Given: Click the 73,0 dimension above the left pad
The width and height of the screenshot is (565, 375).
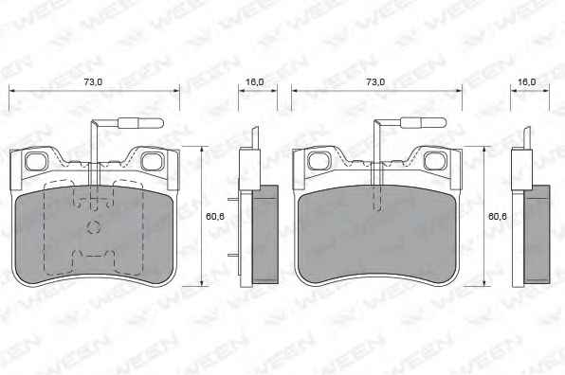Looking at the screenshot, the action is pos(93,82).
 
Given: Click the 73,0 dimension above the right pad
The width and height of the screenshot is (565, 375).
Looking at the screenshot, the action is pos(375,82).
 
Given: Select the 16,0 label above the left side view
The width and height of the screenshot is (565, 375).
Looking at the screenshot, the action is pos(255,82).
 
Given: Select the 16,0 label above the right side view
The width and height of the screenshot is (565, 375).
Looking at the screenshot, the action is pos(527,82).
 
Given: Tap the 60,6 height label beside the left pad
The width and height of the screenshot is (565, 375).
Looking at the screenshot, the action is pos(215,216).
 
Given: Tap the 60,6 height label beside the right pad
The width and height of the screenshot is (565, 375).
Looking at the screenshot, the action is pos(498,216).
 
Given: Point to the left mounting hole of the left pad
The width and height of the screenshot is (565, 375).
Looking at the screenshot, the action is pos(36,161).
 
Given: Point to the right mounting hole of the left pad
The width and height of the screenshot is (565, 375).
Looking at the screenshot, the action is pos(153,161).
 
